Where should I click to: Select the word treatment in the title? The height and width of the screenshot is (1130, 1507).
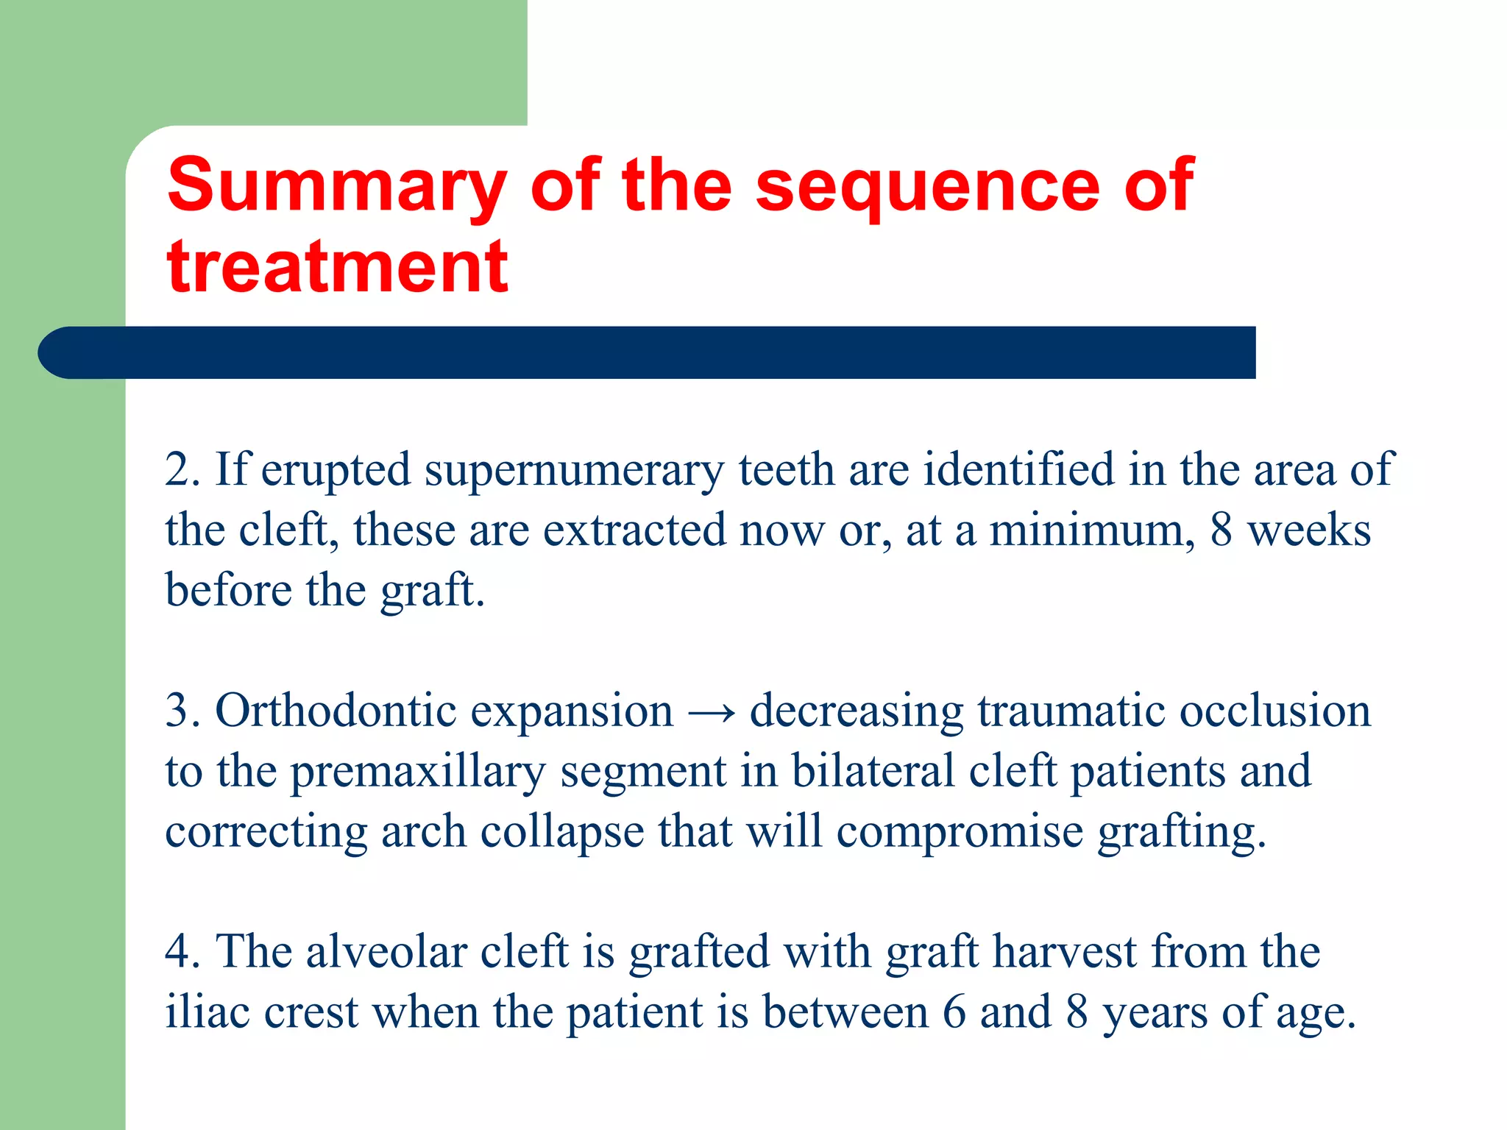[x=337, y=267]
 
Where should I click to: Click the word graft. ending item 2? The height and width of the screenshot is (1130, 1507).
[x=433, y=591]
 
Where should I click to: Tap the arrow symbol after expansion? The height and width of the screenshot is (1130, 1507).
[x=711, y=712]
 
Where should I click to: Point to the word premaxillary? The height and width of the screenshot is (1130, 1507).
[x=418, y=772]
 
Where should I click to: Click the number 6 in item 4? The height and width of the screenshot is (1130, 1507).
[x=954, y=1012]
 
